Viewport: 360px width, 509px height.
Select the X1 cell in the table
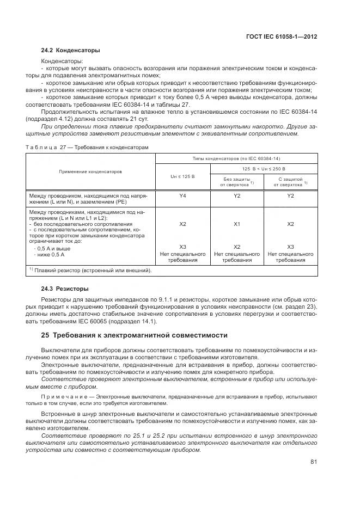[237, 224]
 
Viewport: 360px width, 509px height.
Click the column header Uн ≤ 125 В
[182, 177]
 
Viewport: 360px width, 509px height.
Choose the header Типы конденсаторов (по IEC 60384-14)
[236, 158]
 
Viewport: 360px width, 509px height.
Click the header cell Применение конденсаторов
[90, 171]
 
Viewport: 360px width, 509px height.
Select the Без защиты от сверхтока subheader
[237, 182]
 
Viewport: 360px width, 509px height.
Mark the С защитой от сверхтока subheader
[290, 182]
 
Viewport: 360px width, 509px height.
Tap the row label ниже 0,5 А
[50, 254]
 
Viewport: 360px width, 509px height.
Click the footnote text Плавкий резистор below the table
[93, 270]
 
